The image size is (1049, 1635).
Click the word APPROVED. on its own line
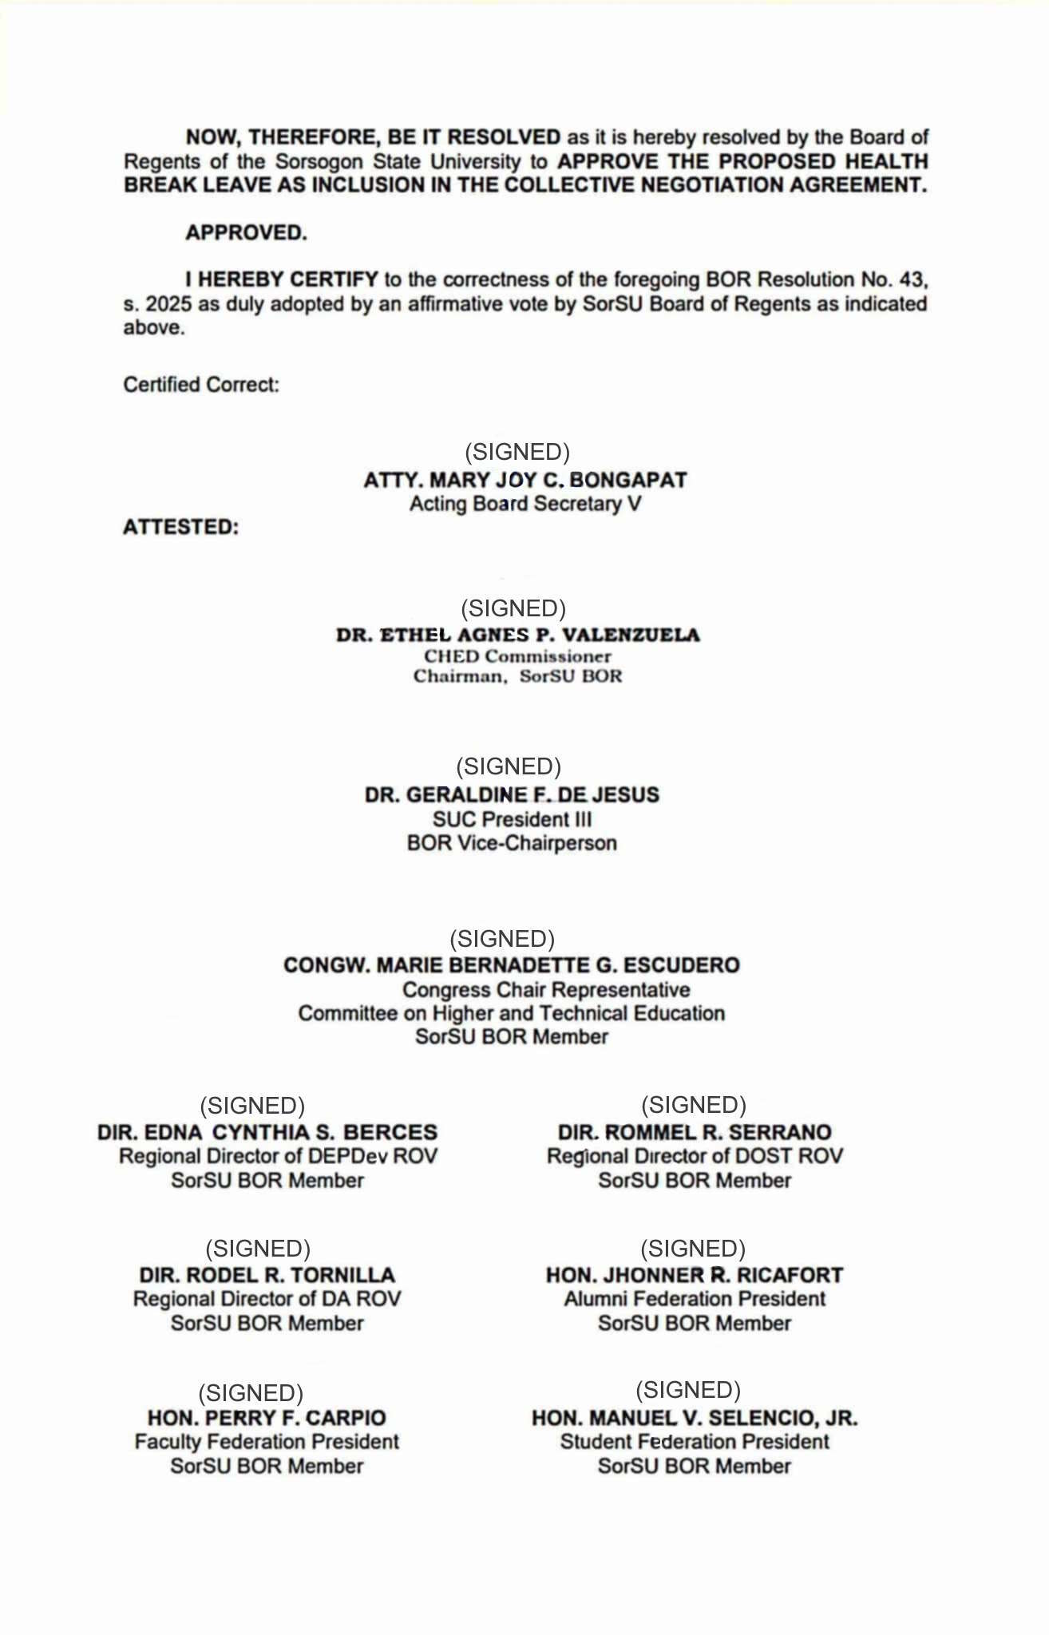(246, 233)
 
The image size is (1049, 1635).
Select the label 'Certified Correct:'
(201, 385)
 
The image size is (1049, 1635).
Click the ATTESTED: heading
(180, 528)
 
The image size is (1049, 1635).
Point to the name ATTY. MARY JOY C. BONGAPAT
(524, 480)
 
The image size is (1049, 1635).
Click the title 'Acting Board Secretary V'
(524, 504)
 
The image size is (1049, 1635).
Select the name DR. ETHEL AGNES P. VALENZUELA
(518, 635)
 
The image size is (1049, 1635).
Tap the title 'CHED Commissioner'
(517, 656)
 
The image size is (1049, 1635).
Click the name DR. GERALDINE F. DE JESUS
(512, 795)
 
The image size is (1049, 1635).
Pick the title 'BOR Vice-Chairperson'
(512, 843)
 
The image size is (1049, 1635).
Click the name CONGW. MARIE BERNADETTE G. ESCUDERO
(511, 965)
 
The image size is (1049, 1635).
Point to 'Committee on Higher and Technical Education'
(511, 1013)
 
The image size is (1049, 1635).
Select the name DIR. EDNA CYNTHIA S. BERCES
(267, 1133)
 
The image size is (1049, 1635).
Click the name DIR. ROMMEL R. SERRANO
(695, 1133)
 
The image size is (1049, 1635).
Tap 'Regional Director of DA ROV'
(267, 1299)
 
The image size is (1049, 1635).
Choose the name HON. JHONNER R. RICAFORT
(695, 1276)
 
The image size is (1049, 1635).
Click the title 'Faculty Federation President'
(267, 1442)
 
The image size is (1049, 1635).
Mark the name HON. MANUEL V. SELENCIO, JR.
(695, 1419)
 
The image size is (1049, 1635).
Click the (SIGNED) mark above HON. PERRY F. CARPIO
(251, 1393)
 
